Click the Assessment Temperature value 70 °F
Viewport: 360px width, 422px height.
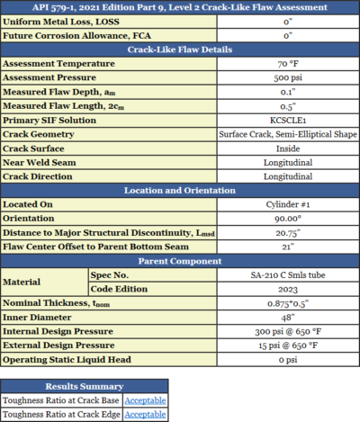pyautogui.click(x=288, y=65)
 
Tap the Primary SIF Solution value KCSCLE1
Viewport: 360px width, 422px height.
pyautogui.click(x=288, y=120)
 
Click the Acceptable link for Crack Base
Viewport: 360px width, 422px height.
pyautogui.click(x=144, y=400)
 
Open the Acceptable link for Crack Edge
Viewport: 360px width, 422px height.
pyautogui.click(x=144, y=413)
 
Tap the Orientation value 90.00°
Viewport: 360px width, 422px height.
pyautogui.click(x=288, y=217)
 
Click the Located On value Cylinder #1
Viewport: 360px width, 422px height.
pyautogui.click(x=288, y=203)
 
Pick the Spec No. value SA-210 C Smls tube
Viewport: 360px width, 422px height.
pyautogui.click(x=288, y=274)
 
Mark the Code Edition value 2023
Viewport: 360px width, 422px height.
pyautogui.click(x=288, y=288)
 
